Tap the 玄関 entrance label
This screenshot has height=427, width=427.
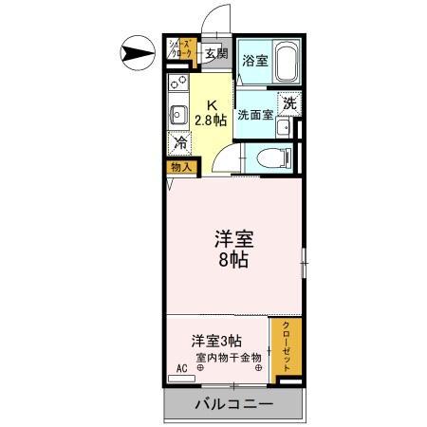[x=216, y=53]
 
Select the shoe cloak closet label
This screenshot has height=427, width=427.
[x=182, y=50]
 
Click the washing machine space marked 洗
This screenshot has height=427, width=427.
[x=289, y=103]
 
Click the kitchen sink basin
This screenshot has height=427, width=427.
[x=177, y=117]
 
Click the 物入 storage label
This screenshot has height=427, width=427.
[x=181, y=167]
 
